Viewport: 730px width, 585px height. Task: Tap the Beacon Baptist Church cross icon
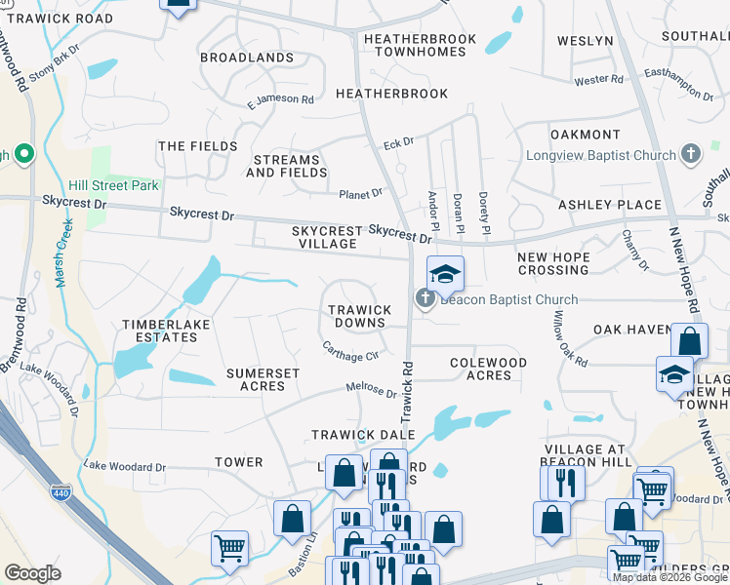[x=426, y=299]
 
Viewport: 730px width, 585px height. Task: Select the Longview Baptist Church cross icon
[x=691, y=154]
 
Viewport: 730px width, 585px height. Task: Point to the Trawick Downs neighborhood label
[x=359, y=317]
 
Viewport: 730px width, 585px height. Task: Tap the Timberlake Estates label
[x=158, y=331]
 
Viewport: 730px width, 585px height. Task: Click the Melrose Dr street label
[x=372, y=391]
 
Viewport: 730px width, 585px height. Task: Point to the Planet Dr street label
[x=360, y=194]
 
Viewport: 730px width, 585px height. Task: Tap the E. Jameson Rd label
[x=280, y=99]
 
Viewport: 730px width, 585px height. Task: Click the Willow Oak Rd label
[x=571, y=338]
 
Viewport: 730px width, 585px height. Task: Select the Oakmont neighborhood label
[x=586, y=135]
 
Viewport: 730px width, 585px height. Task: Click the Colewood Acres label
[x=489, y=369]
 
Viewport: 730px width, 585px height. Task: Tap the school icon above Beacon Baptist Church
[x=445, y=274]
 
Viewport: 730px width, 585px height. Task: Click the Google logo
[x=32, y=573]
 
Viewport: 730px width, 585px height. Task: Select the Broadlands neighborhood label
[x=247, y=58]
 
